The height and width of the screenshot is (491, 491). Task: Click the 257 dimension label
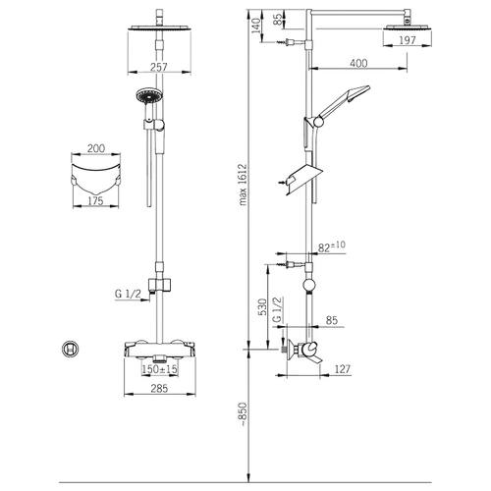coord(159,67)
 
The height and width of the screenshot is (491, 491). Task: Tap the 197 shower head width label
coord(408,40)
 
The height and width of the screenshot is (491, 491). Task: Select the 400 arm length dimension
coord(358,63)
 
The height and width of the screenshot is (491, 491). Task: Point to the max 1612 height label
coord(243,185)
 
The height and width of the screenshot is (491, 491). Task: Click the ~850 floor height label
coord(243,413)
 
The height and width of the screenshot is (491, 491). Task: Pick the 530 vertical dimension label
coord(262,306)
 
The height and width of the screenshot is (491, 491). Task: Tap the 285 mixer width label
coord(159,388)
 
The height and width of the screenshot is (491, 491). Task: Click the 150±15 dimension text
coord(160,369)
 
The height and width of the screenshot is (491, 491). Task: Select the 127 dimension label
coord(343,369)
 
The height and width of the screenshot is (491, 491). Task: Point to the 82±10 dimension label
coord(332,246)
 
